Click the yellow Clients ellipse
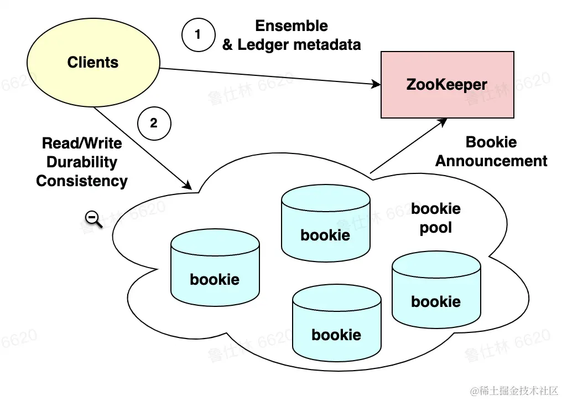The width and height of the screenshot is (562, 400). click(x=92, y=62)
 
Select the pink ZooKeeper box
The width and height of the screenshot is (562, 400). click(x=447, y=85)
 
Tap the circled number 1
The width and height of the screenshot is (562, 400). click(x=198, y=35)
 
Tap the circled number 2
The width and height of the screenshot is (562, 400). click(x=154, y=123)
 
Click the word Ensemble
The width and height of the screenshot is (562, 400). click(x=292, y=25)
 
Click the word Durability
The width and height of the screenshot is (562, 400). click(x=82, y=162)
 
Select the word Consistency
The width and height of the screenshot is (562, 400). click(x=82, y=181)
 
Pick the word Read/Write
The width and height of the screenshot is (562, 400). click(x=82, y=143)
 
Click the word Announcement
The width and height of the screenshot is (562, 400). click(x=491, y=161)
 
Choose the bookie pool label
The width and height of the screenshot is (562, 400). click(x=436, y=218)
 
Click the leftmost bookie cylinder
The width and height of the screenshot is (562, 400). click(x=215, y=268)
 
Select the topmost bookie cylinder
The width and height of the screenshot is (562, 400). click(x=325, y=224)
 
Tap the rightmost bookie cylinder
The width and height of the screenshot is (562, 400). click(x=436, y=290)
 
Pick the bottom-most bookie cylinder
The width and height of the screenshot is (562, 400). click(x=336, y=324)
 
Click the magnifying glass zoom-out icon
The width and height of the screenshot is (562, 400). click(x=94, y=219)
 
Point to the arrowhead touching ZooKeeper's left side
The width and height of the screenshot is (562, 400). click(x=377, y=85)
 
